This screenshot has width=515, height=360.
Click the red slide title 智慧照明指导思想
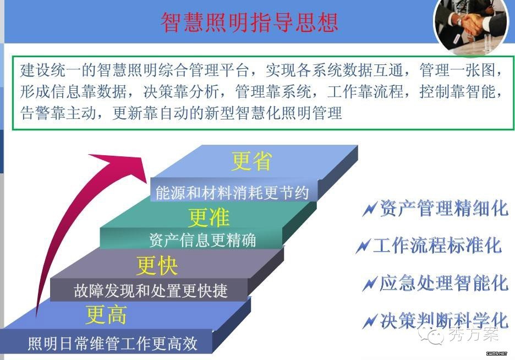click(x=249, y=23)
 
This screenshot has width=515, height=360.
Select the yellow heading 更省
click(x=251, y=161)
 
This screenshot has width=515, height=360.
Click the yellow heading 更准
click(x=209, y=217)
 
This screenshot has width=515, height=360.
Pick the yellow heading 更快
click(x=157, y=265)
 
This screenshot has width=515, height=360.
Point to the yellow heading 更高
click(x=106, y=314)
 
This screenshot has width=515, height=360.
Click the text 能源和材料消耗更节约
click(x=232, y=193)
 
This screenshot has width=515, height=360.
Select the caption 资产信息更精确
click(x=202, y=240)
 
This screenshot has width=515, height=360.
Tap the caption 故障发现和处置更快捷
click(x=150, y=291)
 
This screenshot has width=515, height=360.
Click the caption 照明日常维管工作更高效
click(x=113, y=343)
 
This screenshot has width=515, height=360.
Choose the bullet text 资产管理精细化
click(x=444, y=208)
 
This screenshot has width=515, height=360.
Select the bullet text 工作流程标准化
click(x=437, y=245)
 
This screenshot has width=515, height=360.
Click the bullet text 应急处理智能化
click(x=444, y=283)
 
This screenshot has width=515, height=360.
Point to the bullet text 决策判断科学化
click(x=444, y=320)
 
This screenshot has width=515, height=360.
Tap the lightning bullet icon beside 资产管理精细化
click(x=370, y=209)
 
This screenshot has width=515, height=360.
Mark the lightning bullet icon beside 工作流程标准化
click(x=363, y=246)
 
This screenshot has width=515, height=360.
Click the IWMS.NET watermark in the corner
click(x=497, y=353)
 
